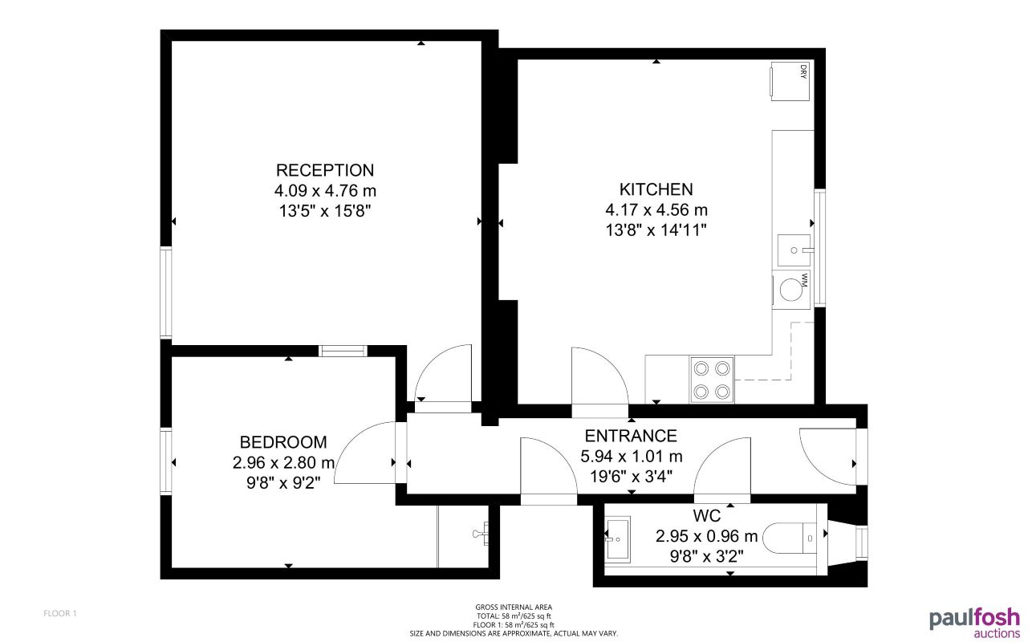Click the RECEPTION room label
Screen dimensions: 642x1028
(x=325, y=170)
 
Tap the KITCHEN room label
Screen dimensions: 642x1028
(x=656, y=189)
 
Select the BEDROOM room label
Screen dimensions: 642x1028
(x=283, y=442)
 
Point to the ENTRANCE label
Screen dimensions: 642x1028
(x=631, y=436)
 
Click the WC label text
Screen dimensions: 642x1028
(x=706, y=515)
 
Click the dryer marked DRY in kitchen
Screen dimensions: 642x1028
(x=790, y=81)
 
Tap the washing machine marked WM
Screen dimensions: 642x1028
(x=791, y=289)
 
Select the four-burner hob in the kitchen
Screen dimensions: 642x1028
(x=712, y=380)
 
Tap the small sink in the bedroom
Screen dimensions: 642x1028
(x=483, y=534)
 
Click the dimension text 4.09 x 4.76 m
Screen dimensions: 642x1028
(x=325, y=191)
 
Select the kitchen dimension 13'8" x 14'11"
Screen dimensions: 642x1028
(x=656, y=230)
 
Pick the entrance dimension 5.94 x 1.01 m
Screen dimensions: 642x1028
(x=631, y=457)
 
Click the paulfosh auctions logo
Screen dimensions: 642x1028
(x=974, y=622)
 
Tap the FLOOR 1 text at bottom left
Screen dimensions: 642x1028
(x=60, y=614)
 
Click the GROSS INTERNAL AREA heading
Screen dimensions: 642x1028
(x=514, y=607)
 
